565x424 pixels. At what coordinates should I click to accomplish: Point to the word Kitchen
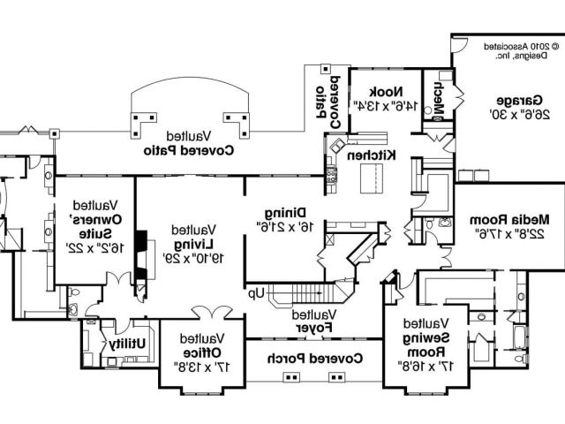(371, 155)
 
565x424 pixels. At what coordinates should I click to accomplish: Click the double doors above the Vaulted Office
(208, 311)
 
